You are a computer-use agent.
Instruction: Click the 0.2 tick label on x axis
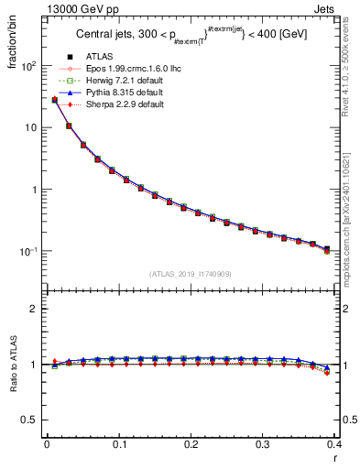(x=191, y=444)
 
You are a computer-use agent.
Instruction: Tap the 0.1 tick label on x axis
(x=118, y=444)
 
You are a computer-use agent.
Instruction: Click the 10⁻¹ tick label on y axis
(x=27, y=251)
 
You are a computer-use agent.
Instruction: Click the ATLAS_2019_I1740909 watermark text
(x=191, y=274)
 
